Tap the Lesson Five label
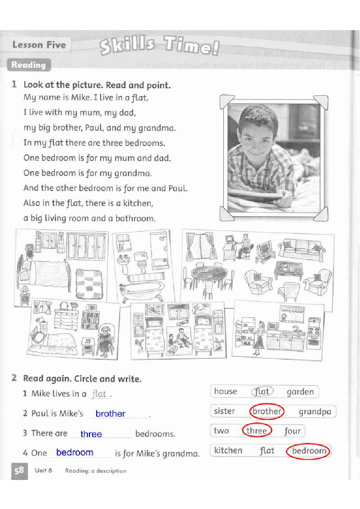pos(39,45)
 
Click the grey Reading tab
pos(29,65)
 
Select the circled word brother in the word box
pos(267,411)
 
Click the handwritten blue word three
pos(91,434)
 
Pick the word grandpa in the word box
pos(315,412)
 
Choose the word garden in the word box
pos(300,392)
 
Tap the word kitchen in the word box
pos(228,450)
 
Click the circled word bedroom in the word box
pos(308,451)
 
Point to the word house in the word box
pos(225,391)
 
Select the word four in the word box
pos(292,431)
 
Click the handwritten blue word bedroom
pos(75,452)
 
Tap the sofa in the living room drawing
pos(301,249)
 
